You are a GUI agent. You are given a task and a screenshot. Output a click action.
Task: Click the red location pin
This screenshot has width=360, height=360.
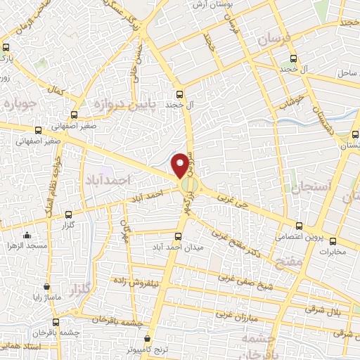tap(181, 165)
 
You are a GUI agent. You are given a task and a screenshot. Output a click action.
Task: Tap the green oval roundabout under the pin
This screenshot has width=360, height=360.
tap(188, 186)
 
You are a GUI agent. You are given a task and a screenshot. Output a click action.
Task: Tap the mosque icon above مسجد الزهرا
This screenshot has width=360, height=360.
tap(27, 236)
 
